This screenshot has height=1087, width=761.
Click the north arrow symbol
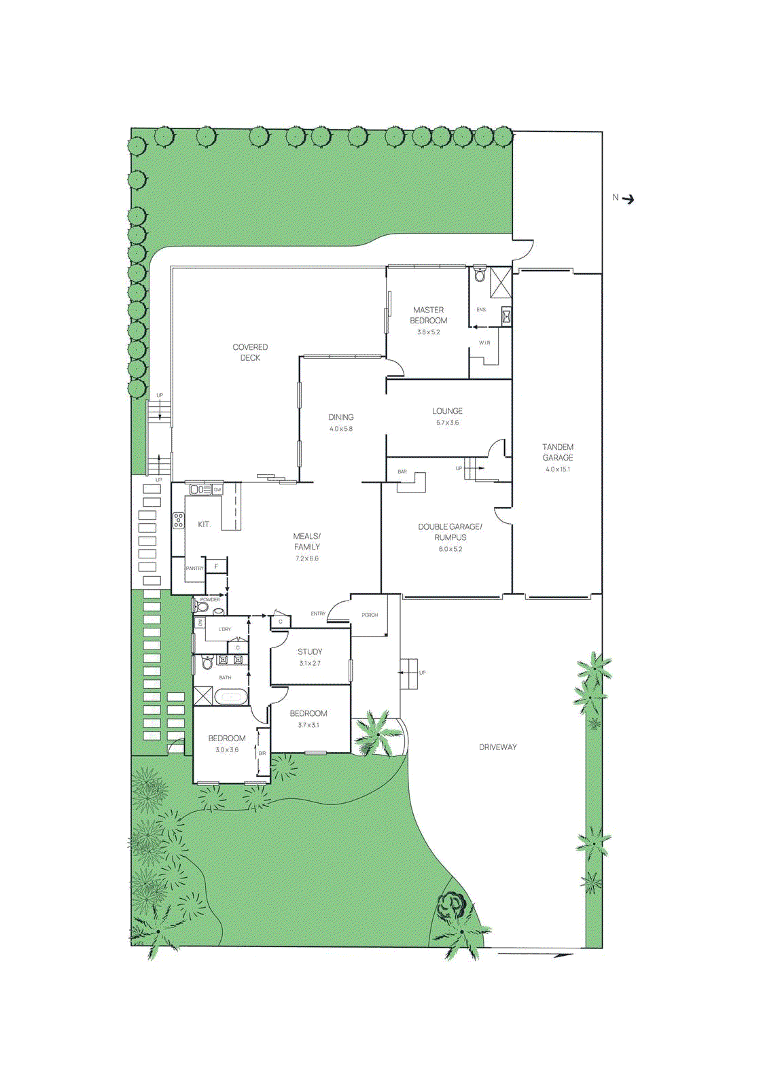coord(629,199)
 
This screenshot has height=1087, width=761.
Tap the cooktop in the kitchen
coord(178,520)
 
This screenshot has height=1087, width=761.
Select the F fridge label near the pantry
coord(217,566)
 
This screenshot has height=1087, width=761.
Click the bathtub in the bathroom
coord(231,696)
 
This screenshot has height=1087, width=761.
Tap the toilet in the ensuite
coord(480,274)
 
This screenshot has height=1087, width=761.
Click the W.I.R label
coord(484,343)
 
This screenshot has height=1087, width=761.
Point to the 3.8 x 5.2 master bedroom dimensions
coord(428,332)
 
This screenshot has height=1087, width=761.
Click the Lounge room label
coord(447,411)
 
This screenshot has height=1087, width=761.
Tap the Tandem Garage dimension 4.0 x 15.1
coord(558,469)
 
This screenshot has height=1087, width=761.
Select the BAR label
coord(402,471)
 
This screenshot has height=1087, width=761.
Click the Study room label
coord(310,652)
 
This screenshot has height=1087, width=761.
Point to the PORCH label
coord(370,615)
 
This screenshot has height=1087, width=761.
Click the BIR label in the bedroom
coord(262,753)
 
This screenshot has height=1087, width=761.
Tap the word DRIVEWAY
coord(497,747)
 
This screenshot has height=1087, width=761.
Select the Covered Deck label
coord(250,352)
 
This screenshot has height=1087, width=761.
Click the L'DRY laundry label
coord(224,629)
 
